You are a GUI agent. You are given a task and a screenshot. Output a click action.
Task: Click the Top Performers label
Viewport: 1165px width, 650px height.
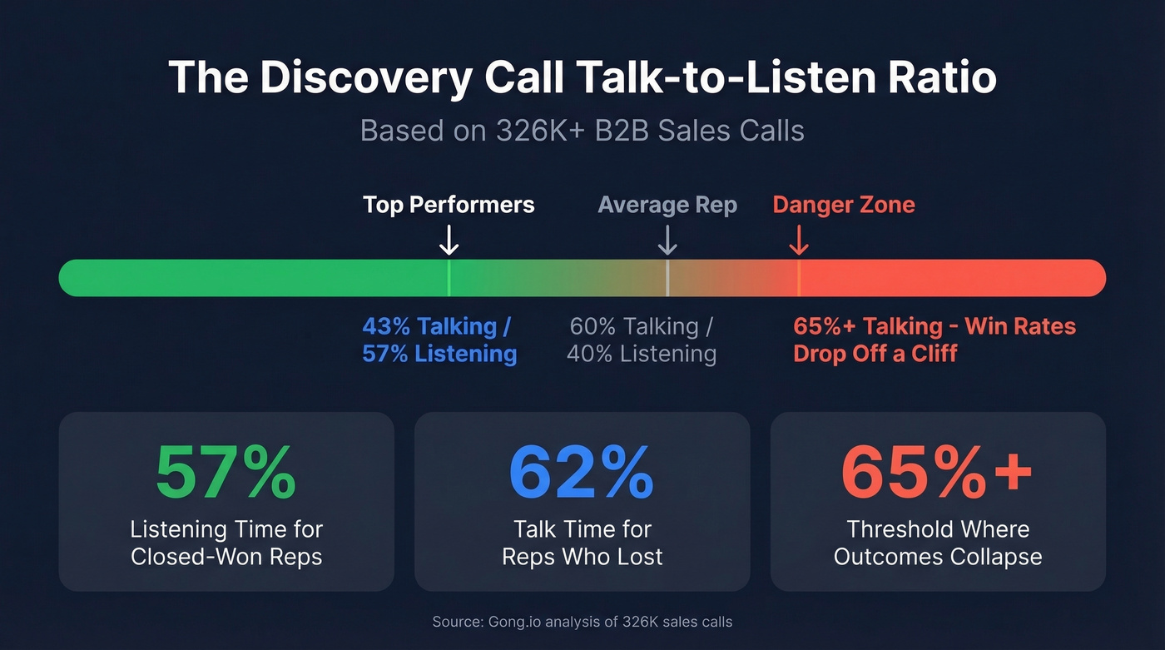coord(449,205)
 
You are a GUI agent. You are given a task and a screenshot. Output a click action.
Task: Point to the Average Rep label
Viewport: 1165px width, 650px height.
coord(667,205)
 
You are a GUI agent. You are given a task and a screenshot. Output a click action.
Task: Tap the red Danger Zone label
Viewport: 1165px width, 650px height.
coord(843,205)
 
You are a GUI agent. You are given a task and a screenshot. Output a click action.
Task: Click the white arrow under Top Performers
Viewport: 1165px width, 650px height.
coord(449,241)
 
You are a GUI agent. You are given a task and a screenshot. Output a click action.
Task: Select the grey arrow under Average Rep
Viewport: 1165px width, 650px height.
coord(667,241)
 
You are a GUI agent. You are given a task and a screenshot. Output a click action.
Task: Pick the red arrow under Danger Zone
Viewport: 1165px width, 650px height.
coord(799,241)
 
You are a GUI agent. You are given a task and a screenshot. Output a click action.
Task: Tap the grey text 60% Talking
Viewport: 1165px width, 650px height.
coord(641,325)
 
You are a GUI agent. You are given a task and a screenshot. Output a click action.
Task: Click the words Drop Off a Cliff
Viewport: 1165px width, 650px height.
coord(875,353)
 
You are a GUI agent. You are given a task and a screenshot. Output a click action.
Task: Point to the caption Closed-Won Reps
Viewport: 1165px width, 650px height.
coord(226,557)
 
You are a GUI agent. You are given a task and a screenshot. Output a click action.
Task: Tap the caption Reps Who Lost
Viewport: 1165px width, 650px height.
coord(582,557)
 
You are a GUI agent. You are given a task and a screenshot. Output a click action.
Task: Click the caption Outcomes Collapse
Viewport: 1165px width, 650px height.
coord(938,557)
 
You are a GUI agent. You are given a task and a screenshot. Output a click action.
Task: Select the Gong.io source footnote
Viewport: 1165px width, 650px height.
coord(582,622)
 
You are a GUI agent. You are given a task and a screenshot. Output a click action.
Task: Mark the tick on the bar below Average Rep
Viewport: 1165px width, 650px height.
coord(667,278)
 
